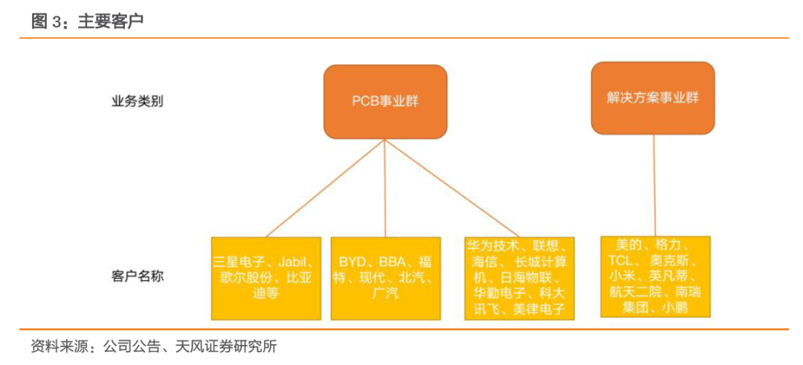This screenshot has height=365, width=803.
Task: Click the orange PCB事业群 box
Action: click(385, 101)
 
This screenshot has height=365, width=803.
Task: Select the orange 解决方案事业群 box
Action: click(653, 98)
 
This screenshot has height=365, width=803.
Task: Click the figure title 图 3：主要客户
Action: click(87, 22)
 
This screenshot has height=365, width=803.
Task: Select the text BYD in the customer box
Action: click(354, 262)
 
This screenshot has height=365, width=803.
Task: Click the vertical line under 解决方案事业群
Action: click(654, 186)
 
